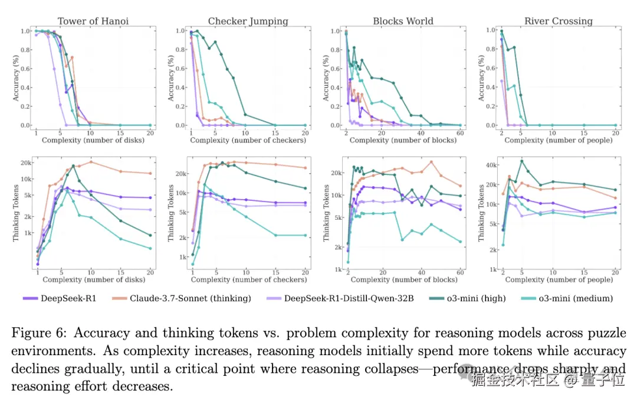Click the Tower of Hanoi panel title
point(93,21)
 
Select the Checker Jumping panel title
point(248,21)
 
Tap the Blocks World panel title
point(403,21)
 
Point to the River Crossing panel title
point(558,21)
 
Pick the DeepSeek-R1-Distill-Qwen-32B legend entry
point(349,298)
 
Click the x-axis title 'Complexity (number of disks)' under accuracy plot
point(93,140)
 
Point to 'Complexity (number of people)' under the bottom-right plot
point(559,279)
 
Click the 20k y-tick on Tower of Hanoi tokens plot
point(25,162)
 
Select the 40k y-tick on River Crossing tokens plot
point(490,164)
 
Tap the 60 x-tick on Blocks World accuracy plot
point(460,132)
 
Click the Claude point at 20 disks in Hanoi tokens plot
point(150,173)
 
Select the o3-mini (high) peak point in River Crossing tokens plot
point(521,161)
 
